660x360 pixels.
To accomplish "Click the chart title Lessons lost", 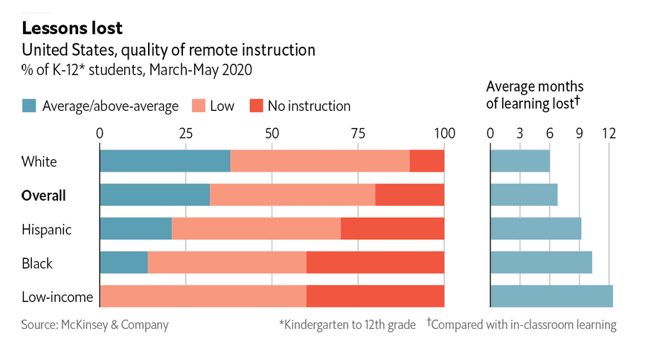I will tap(72, 28).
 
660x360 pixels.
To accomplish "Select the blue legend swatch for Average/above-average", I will tap(29, 106).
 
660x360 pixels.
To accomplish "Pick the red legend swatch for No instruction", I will tap(255, 106).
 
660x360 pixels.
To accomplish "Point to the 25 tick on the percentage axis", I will tap(186, 133).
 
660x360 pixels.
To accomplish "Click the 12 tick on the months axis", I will tap(609, 133).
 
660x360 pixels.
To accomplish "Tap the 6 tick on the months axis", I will tap(549, 133).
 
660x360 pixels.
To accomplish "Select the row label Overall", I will tap(43, 196).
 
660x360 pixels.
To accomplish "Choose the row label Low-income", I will tap(57, 298).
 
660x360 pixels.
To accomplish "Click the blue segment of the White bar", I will tap(164, 161).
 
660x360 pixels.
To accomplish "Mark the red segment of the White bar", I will tap(426, 161).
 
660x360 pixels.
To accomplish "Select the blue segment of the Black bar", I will tap(124, 263).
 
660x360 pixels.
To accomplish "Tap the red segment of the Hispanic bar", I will tap(392, 229).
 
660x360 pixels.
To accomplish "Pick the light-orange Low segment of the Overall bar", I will tap(292, 195).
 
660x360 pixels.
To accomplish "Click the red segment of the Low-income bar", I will tap(375, 297).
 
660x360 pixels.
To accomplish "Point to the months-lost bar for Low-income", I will tap(551, 297).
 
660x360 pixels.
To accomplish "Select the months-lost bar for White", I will tap(520, 161).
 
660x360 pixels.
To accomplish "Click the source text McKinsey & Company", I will tap(94, 324).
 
